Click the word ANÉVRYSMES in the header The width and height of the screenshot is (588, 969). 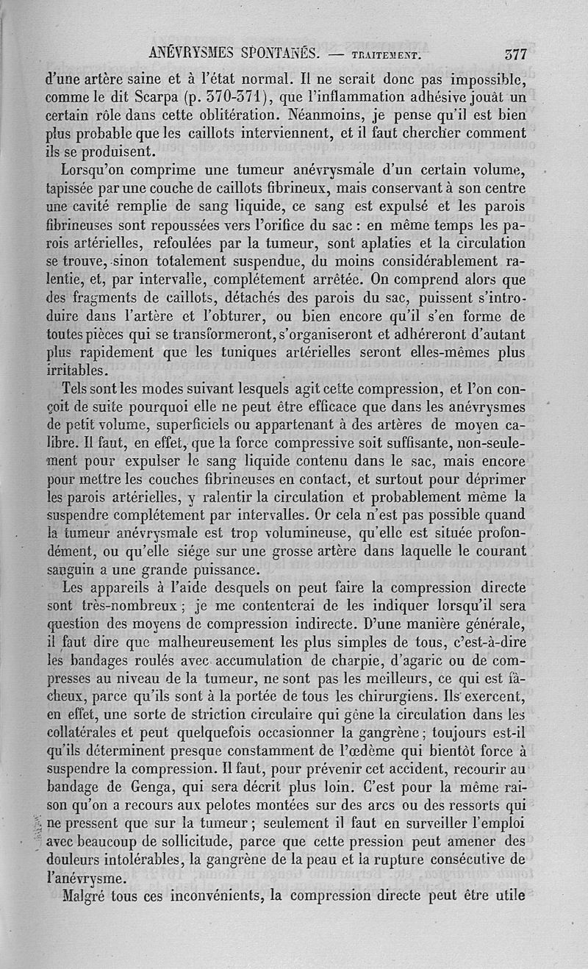coord(196,52)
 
